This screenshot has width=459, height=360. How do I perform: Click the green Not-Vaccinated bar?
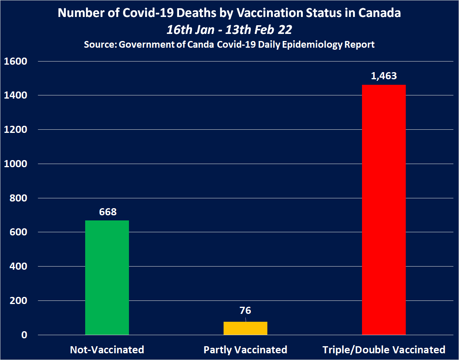(x=107, y=278)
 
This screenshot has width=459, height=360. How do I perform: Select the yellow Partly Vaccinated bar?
(x=245, y=328)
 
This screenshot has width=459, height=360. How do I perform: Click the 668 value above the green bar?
(x=108, y=212)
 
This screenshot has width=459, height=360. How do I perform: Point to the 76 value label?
(x=245, y=311)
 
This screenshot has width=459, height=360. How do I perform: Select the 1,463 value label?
(x=384, y=76)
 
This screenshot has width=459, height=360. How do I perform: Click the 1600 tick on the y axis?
(x=15, y=62)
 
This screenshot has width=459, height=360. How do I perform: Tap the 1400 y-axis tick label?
(x=15, y=95)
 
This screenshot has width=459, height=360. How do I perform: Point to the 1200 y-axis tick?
(x=15, y=130)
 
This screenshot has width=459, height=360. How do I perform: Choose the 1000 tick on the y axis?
(x=15, y=164)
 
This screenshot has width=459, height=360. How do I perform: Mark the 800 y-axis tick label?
(x=19, y=198)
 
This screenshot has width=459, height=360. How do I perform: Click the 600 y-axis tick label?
(x=19, y=232)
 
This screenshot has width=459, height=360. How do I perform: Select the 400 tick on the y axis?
(x=19, y=267)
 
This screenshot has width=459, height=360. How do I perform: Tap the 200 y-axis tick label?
(x=19, y=301)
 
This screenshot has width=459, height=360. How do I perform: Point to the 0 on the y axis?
(x=24, y=335)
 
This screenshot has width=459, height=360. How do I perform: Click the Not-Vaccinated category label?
(x=107, y=350)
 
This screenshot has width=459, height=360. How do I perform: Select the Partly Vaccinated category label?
(x=245, y=350)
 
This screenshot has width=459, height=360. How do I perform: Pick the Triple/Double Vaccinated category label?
(x=384, y=350)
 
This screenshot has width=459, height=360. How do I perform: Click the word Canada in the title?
(x=379, y=13)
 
